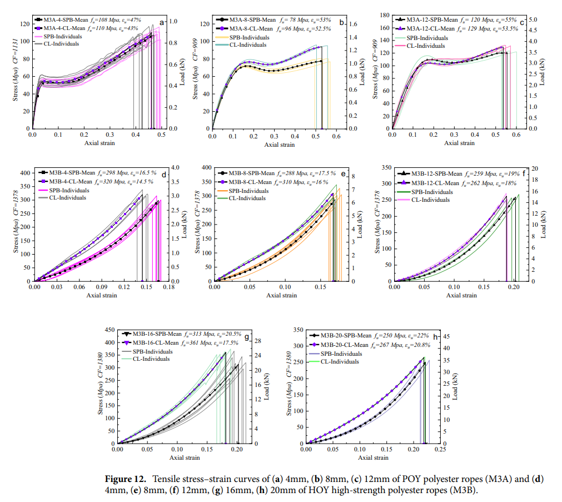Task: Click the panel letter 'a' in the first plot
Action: (x=162, y=23)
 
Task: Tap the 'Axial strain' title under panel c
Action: (x=458, y=143)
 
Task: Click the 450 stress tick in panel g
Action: (x=108, y=330)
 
